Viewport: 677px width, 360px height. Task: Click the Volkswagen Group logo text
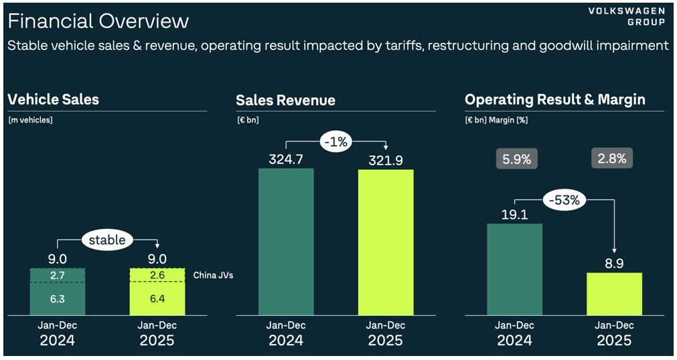tap(627, 17)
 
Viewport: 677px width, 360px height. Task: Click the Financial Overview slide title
tap(98, 21)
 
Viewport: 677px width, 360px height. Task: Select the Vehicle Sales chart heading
tap(54, 100)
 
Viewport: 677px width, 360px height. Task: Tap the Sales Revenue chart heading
tap(285, 100)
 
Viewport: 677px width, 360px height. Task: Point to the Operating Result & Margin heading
tap(554, 100)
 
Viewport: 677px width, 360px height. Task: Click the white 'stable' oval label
tap(108, 239)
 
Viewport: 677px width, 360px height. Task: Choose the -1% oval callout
tap(336, 142)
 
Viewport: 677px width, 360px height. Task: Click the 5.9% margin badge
tap(516, 159)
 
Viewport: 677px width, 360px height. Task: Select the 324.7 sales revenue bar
tap(286, 241)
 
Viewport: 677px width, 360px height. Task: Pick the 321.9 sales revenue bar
tap(385, 241)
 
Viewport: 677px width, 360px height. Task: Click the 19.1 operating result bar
tap(514, 268)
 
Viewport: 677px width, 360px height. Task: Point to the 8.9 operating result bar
tap(613, 293)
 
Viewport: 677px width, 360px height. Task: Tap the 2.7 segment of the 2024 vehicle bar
tap(58, 275)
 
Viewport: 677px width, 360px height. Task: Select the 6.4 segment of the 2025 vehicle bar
tap(157, 298)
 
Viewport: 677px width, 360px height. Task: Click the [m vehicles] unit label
tap(30, 120)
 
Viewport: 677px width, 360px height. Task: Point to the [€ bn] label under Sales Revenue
tap(247, 120)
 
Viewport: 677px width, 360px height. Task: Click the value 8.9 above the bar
tap(613, 264)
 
